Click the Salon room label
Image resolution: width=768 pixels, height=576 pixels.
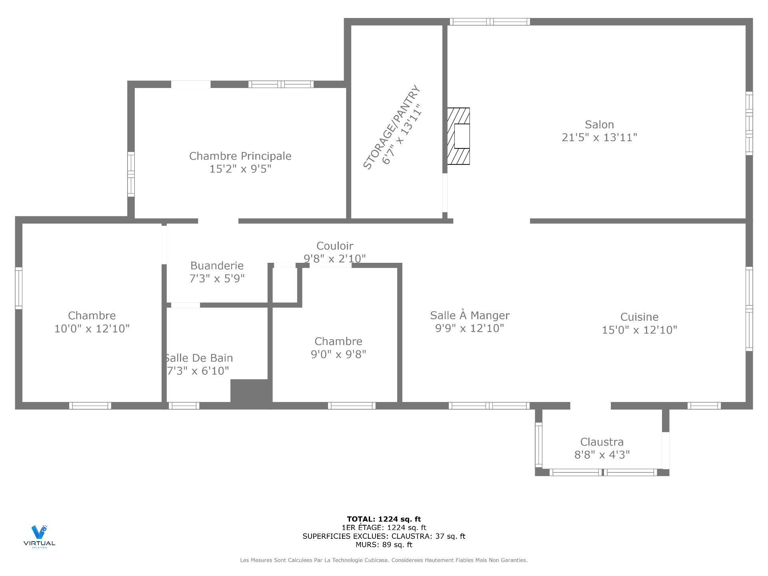599,124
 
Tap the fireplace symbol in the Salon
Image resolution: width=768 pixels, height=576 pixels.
458,136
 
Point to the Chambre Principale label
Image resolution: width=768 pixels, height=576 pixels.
240,156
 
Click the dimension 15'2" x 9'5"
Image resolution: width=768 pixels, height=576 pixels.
240,169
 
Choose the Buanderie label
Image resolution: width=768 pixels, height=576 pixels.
217,266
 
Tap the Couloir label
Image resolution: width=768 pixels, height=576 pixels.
335,246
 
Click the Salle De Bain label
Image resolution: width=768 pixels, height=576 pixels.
199,358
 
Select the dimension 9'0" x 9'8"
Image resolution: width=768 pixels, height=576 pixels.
338,354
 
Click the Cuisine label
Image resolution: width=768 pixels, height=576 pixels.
639,317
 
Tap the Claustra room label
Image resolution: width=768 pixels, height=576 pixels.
602,442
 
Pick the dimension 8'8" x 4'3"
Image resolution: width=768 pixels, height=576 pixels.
602,454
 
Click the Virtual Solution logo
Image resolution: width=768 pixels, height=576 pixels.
39,536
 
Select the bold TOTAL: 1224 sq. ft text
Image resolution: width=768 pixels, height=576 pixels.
384,519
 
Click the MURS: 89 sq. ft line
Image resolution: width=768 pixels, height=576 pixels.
384,544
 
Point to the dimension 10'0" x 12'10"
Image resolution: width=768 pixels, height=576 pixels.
92,328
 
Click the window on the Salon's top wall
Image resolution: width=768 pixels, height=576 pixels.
490,22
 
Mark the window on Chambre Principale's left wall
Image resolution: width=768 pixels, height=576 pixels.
131,174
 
